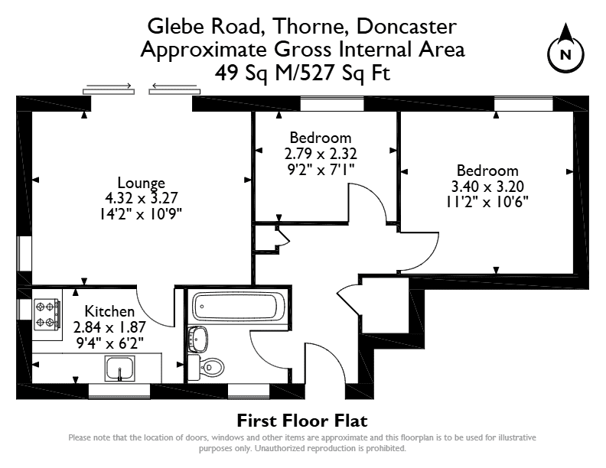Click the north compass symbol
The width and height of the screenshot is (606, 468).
pyautogui.click(x=565, y=48)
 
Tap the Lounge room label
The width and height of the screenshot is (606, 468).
pyautogui.click(x=141, y=183)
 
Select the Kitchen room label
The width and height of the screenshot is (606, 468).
pyautogui.click(x=109, y=311)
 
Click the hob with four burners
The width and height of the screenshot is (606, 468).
pyautogui.click(x=47, y=314)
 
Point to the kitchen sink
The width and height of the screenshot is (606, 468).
pyautogui.click(x=120, y=369)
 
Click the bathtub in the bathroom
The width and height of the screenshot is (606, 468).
pyautogui.click(x=239, y=307)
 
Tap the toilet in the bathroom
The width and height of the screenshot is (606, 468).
pyautogui.click(x=207, y=367)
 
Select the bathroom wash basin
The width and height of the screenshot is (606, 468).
pyautogui.click(x=197, y=339)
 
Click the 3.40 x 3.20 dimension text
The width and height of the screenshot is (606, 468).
pyautogui.click(x=487, y=187)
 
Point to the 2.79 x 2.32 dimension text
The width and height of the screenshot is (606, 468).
pyautogui.click(x=321, y=154)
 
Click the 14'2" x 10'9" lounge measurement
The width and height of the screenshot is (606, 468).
pyautogui.click(x=141, y=213)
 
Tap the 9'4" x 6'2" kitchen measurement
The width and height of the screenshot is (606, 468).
pyautogui.click(x=109, y=343)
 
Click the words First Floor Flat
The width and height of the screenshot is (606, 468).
pyautogui.click(x=301, y=421)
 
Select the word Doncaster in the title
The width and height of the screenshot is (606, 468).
pyautogui.click(x=406, y=26)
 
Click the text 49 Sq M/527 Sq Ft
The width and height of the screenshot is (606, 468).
pyautogui.click(x=302, y=73)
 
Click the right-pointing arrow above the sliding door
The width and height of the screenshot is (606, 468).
pyautogui.click(x=109, y=86)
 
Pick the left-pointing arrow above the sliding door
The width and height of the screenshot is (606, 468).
pyautogui.click(x=174, y=86)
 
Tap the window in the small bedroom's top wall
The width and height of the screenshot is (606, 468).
pyautogui.click(x=332, y=104)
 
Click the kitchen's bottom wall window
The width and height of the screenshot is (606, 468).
pyautogui.click(x=119, y=392)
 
